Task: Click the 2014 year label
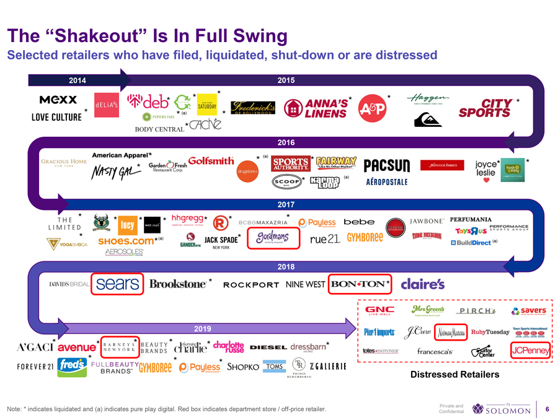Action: [77, 81]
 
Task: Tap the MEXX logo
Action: [58, 100]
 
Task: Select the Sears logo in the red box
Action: [117, 284]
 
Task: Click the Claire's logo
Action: [423, 284]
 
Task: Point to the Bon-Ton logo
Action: [358, 284]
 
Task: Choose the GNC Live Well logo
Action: [380, 311]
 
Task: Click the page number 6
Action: [547, 409]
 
